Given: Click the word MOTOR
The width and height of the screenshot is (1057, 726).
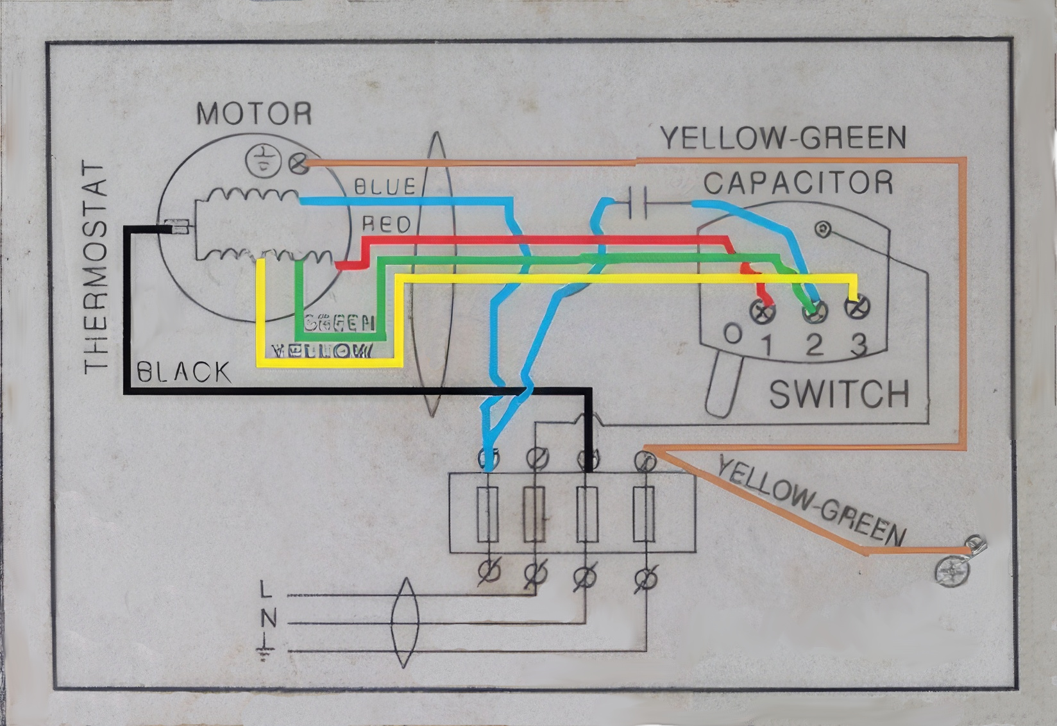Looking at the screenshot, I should pyautogui.click(x=254, y=114).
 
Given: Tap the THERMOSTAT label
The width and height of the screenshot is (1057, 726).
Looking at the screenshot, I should pyautogui.click(x=96, y=267).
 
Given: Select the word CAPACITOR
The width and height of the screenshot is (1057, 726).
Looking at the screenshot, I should pyautogui.click(x=798, y=183).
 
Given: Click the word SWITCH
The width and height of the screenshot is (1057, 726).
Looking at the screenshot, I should pyautogui.click(x=839, y=394).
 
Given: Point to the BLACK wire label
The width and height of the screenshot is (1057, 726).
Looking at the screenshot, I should pyautogui.click(x=183, y=372).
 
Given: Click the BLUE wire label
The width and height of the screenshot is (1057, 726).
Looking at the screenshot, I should pyautogui.click(x=385, y=187).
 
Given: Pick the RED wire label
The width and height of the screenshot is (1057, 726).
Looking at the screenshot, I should pyautogui.click(x=386, y=224).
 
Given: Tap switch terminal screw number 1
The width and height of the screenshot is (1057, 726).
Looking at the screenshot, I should pyautogui.click(x=762, y=312).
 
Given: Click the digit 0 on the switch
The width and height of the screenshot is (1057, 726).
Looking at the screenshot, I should pyautogui.click(x=732, y=335).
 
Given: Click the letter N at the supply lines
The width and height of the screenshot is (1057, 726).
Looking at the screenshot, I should pyautogui.click(x=268, y=619).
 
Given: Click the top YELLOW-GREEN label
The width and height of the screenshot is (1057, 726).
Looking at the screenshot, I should pyautogui.click(x=783, y=138).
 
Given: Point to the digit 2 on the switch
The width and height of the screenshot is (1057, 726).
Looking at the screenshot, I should pyautogui.click(x=813, y=345).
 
